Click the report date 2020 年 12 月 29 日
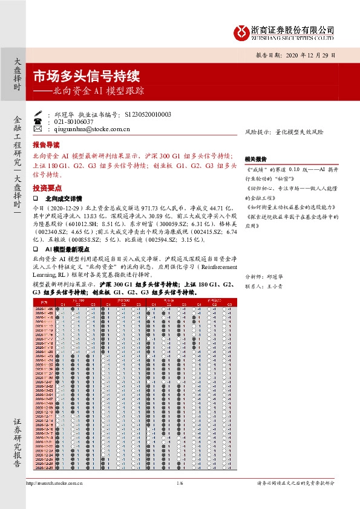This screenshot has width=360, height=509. [x=299, y=55]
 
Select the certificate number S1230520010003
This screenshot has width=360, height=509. [x=148, y=114]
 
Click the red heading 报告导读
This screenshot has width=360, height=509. [x=46, y=146]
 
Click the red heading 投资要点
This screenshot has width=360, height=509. [x=46, y=187]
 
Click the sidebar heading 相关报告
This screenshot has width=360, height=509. [x=256, y=158]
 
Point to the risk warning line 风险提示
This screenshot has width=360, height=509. [x=284, y=131]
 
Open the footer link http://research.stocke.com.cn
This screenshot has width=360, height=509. [x=55, y=483]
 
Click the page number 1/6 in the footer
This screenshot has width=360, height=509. [x=180, y=483]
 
